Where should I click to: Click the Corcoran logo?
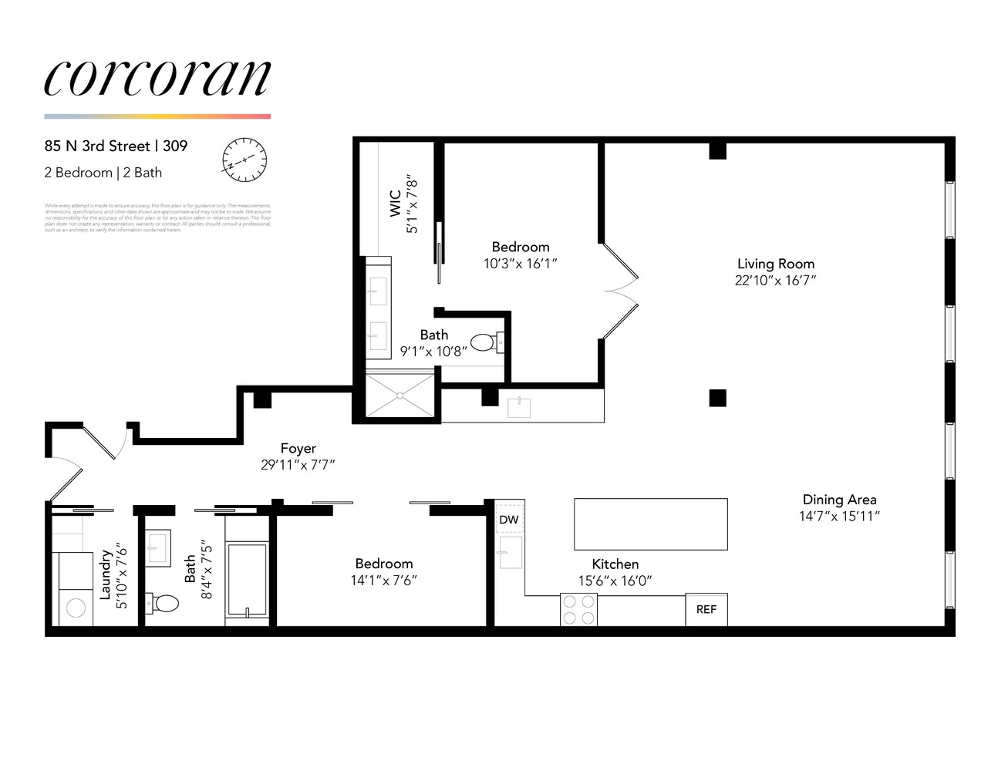[157, 78]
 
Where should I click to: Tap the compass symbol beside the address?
[244, 160]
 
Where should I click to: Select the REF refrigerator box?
[706, 609]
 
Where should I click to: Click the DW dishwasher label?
[509, 520]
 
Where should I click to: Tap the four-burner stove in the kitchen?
[578, 609]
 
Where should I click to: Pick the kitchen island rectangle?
[650, 524]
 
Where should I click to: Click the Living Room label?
[775, 264]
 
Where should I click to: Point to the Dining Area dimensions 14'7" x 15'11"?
[839, 517]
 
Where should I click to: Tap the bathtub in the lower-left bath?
[247, 579]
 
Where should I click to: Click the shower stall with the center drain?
[400, 396]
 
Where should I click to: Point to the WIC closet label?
[395, 204]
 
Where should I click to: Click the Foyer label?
[298, 448]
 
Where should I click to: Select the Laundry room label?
[106, 575]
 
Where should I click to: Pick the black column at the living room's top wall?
[717, 151]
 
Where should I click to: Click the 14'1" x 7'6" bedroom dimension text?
[384, 581]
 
